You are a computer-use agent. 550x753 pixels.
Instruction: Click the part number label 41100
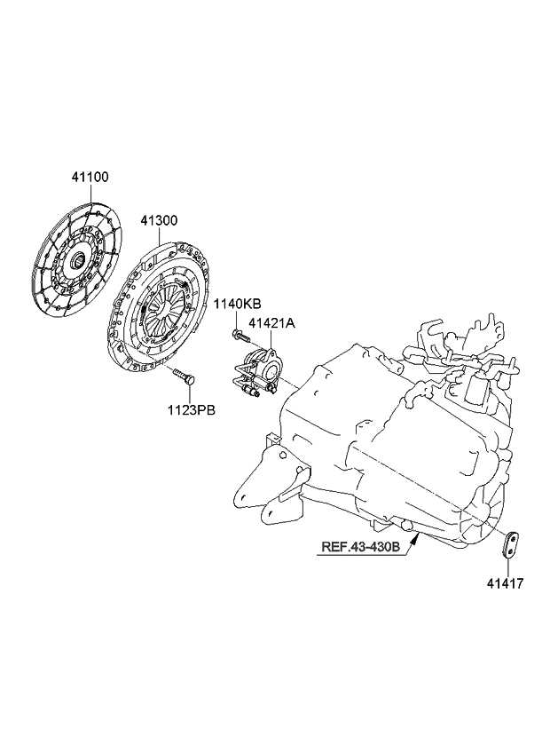90,178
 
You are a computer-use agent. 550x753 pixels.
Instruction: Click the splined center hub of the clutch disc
75,260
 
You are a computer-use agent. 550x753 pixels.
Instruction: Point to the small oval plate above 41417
513,544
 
